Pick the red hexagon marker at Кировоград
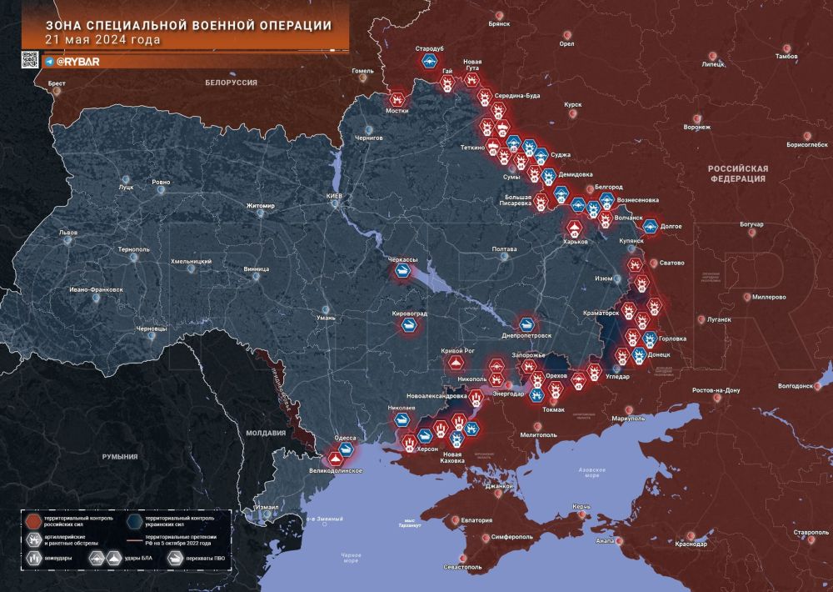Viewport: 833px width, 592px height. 410,326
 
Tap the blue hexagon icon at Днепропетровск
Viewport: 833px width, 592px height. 526,324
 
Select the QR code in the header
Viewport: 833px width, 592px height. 30,60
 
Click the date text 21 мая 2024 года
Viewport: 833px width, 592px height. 103,39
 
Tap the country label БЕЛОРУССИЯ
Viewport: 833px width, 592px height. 231,83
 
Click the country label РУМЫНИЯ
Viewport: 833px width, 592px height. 120,456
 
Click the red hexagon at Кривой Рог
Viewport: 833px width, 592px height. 455,363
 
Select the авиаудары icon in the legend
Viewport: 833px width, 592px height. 36,559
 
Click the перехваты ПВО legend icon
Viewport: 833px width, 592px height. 177,559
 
